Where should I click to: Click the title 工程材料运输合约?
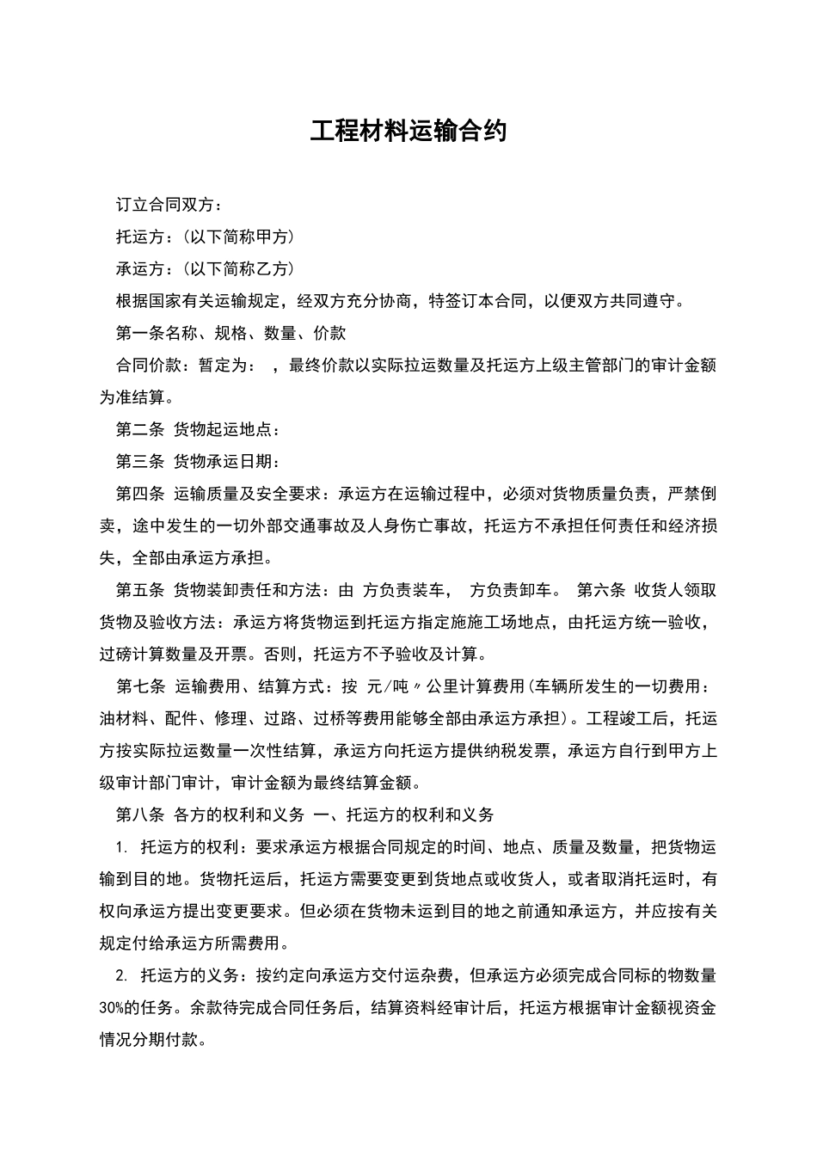[408, 131]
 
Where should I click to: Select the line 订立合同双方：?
[169, 206]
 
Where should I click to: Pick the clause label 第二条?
[140, 429]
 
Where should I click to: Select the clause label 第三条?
[140, 461]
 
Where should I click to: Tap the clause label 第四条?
[140, 494]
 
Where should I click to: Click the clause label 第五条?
[140, 590]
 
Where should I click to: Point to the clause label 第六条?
[600, 590]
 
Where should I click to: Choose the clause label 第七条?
[140, 686]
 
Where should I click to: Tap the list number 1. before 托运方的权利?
[121, 847]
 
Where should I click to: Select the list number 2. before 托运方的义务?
[121, 976]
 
